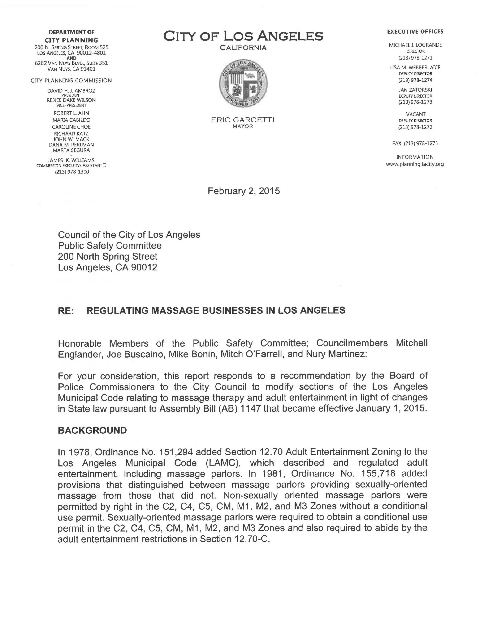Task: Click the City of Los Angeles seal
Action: tap(243, 84)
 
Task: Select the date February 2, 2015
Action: tap(243, 191)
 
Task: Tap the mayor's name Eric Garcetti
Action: tap(243, 120)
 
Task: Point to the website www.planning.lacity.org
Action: tap(415, 164)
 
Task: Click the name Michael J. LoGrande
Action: tap(415, 45)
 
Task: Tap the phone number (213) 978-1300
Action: tap(72, 172)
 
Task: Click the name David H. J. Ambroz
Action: tap(71, 90)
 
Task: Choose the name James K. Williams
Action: tap(71, 160)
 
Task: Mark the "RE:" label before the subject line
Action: tap(66, 311)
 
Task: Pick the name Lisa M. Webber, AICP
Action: tap(415, 67)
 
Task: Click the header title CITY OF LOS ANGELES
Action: tap(243, 36)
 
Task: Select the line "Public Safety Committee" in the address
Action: tap(110, 246)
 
